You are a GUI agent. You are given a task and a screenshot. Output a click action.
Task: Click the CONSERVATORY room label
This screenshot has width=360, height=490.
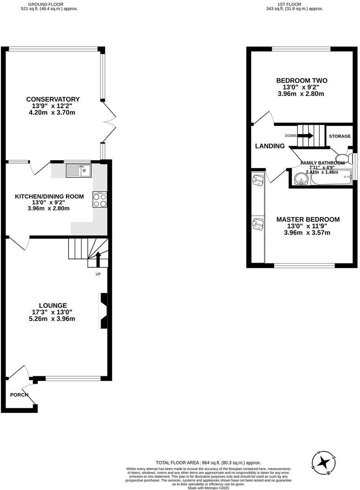[53, 99]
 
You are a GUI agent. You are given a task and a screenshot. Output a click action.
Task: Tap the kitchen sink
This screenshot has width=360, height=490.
[79, 171]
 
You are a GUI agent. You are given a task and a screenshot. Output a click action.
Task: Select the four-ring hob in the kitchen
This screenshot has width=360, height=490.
[100, 200]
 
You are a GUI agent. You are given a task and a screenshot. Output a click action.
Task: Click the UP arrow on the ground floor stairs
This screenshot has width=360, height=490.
[98, 259]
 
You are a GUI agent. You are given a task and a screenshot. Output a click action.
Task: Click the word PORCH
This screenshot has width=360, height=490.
[19, 395]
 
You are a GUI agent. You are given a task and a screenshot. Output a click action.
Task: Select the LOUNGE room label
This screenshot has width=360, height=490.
[53, 305]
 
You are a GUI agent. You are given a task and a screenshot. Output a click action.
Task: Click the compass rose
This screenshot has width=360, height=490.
[324, 462]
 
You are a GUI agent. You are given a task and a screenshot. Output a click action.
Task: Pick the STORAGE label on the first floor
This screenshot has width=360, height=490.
[340, 136]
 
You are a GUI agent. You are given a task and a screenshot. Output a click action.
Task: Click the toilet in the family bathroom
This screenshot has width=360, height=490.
[343, 156]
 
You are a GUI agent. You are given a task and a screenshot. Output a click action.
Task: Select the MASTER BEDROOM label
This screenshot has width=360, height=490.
[308, 219]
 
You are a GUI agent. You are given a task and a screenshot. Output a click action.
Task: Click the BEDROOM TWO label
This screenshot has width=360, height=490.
[301, 80]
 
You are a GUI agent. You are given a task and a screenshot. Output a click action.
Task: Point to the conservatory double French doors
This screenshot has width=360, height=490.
[110, 121]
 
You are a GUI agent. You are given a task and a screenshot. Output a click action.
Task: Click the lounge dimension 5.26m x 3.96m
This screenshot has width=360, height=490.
[52, 319]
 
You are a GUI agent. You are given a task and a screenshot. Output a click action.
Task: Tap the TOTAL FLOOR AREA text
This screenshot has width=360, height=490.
[208, 463]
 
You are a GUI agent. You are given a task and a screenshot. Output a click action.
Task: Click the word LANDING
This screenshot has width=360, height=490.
[270, 146]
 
